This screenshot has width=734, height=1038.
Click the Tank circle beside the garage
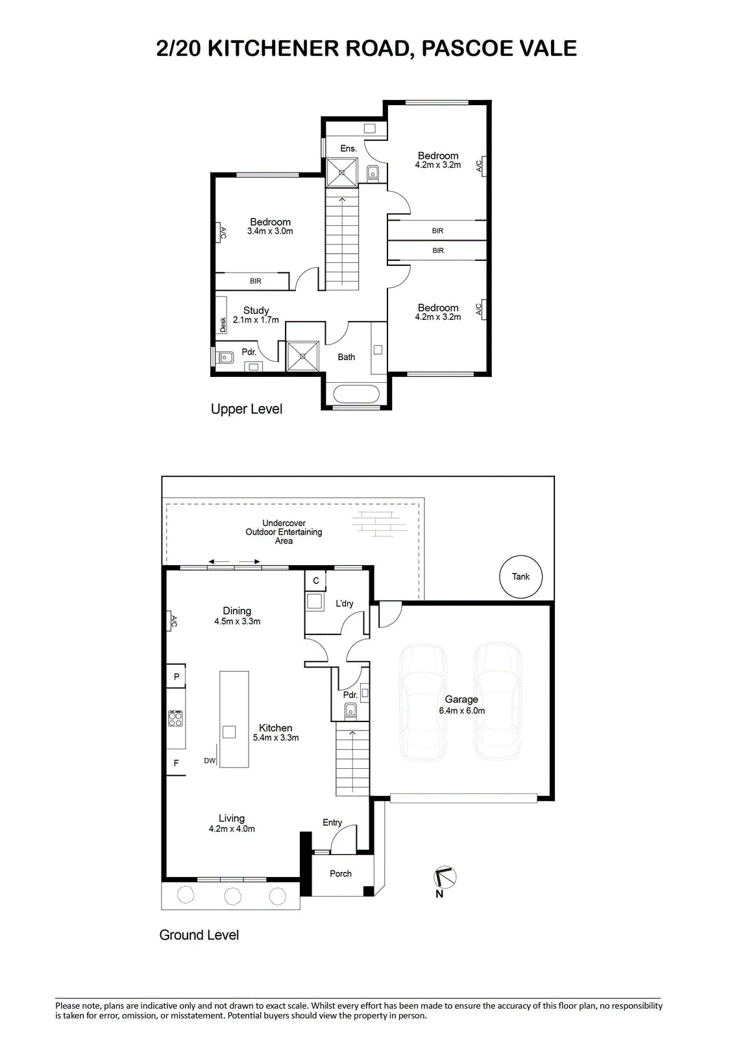coord(520,576)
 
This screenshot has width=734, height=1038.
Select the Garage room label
coord(461,699)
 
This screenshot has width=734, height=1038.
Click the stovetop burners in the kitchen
coord(175,718)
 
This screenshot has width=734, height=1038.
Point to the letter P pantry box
coord(176,676)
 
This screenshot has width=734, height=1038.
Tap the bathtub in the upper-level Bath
coord(356,394)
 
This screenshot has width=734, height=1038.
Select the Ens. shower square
coord(342,173)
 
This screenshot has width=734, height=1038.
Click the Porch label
coord(340,873)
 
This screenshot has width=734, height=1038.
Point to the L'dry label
coord(345,603)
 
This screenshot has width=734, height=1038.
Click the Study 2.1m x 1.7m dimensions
coord(256,320)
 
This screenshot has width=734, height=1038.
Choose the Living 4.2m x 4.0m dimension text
coord(232,828)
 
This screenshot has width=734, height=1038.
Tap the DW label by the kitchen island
coord(210,760)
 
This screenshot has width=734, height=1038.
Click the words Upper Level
coord(246,409)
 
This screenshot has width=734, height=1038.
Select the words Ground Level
coord(199,935)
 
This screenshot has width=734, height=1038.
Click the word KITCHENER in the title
coord(273,48)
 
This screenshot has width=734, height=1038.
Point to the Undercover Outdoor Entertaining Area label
coord(284,531)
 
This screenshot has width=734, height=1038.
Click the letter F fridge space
coord(176,763)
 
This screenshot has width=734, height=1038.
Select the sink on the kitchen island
coord(229,732)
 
